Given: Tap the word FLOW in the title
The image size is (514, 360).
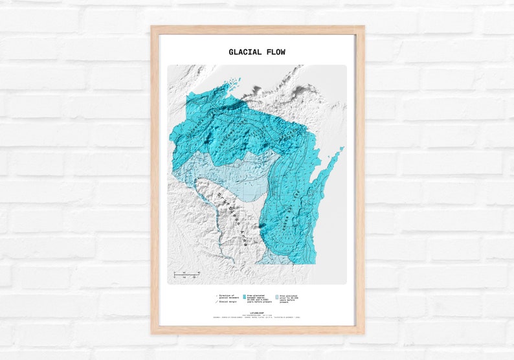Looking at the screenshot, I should [275, 52].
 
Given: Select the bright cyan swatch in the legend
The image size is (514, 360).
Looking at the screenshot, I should [244, 296].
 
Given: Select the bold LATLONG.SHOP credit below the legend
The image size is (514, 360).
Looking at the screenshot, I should [258, 311].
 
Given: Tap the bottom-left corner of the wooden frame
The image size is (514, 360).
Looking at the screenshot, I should [153, 332].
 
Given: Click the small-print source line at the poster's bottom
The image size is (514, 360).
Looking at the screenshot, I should [258, 318].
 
